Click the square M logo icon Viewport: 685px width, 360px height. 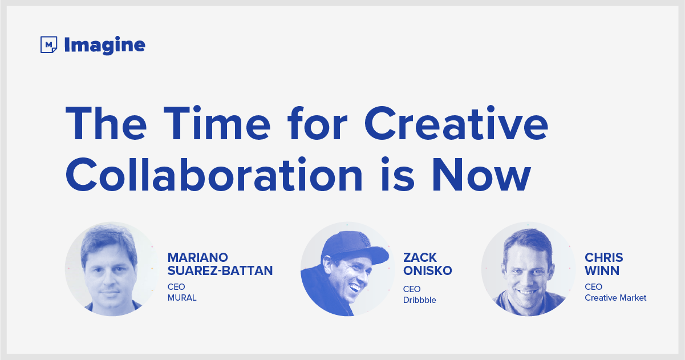click(x=48, y=45)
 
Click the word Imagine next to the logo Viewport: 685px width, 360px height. click(x=104, y=46)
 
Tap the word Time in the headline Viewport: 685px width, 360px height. click(x=217, y=123)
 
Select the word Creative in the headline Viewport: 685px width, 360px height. click(x=456, y=123)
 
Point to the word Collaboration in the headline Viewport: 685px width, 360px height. click(x=214, y=175)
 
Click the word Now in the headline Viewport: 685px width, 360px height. click(x=481, y=175)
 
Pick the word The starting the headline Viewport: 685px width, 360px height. click(x=106, y=123)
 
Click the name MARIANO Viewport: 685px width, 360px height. click(x=197, y=257)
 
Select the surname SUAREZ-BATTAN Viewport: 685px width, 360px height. click(x=220, y=270)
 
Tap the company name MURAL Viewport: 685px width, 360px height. click(x=182, y=298)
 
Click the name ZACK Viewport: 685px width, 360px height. click(x=420, y=257)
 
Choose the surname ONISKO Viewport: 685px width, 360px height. click(x=428, y=270)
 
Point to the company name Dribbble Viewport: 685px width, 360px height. click(x=420, y=300)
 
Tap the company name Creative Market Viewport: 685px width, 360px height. click(x=615, y=298)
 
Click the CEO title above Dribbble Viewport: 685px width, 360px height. click(x=412, y=289)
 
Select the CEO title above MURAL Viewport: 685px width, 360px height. click(x=176, y=287)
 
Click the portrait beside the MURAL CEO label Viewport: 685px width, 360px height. click(x=112, y=269)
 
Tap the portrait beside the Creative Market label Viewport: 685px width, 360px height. click(x=528, y=269)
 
